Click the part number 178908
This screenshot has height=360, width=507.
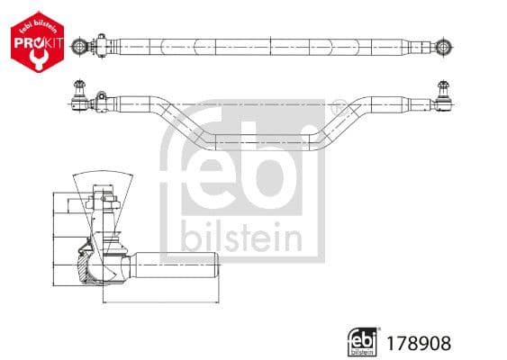(x=420, y=342)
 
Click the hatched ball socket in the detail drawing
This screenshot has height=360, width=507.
(x=86, y=265)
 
